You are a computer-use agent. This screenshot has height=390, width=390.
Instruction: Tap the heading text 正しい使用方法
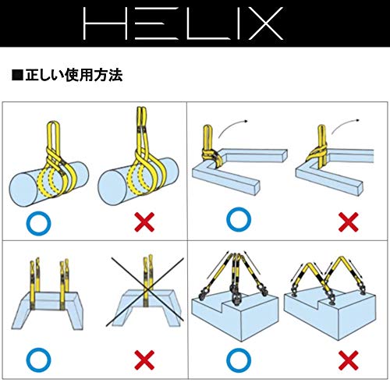pos(73,76)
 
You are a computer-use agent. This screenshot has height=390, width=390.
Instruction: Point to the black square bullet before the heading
pos(16,76)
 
